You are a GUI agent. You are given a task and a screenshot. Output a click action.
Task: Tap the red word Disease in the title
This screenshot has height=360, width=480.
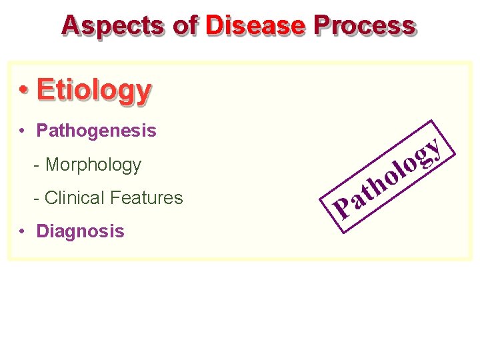pyautogui.click(x=255, y=25)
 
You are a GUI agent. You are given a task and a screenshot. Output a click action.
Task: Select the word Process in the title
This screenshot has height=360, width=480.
pyautogui.click(x=364, y=25)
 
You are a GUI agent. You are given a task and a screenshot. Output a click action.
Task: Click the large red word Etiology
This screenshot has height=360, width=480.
pyautogui.click(x=94, y=89)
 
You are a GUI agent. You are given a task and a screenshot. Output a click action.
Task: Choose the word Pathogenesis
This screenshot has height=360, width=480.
pyautogui.click(x=97, y=131)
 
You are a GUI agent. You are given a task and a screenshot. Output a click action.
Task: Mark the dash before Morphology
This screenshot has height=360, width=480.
pyautogui.click(x=37, y=165)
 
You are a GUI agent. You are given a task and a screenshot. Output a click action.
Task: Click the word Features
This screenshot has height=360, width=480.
pyautogui.click(x=147, y=198)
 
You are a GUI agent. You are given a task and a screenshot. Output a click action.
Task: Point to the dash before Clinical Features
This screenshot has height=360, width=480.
pyautogui.click(x=37, y=198)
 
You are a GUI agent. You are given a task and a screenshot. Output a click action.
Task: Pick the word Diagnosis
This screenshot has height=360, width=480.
pyautogui.click(x=80, y=231)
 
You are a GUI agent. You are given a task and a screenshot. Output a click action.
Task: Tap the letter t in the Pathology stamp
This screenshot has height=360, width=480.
pyautogui.click(x=367, y=195)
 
